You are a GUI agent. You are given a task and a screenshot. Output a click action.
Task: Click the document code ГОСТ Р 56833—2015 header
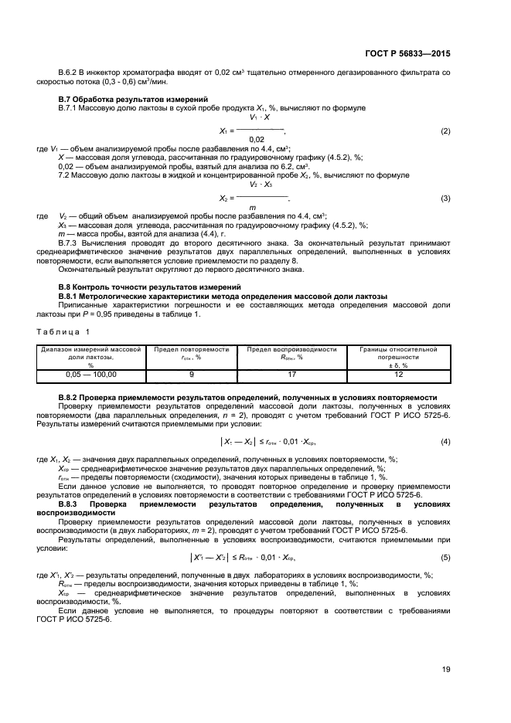(407, 54)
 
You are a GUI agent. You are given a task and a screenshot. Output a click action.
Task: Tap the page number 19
(446, 669)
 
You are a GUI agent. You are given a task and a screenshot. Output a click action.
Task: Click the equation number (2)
(445, 131)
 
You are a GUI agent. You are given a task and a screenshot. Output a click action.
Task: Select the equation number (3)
(445, 199)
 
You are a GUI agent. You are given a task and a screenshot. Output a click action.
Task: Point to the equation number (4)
(445, 441)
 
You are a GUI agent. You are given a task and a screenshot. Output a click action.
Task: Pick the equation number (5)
(445, 558)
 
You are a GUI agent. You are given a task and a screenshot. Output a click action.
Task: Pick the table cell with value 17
(291, 375)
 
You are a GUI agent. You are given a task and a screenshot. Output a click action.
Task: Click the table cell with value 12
(399, 375)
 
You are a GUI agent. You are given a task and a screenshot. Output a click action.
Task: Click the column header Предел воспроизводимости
(291, 350)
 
